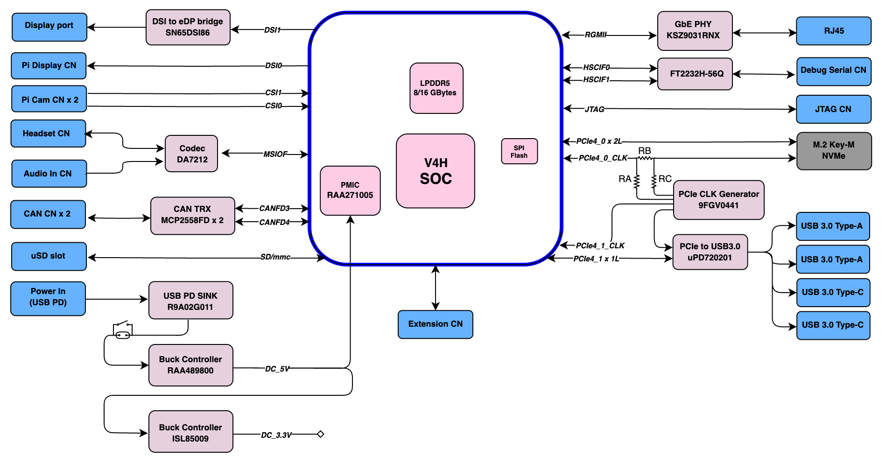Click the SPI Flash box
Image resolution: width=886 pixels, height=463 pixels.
(x=519, y=151)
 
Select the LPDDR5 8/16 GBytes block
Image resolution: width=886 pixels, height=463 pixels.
(x=436, y=88)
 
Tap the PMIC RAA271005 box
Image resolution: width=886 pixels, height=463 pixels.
(x=350, y=190)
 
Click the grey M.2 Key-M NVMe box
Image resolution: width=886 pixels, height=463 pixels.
(x=834, y=151)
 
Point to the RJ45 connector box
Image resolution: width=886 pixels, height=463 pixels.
(x=834, y=31)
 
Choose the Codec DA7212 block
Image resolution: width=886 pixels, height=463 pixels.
(x=191, y=154)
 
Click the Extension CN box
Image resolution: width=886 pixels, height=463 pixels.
(x=436, y=324)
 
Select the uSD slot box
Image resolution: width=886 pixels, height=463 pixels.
(x=49, y=256)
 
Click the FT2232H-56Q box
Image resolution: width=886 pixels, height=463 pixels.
(x=695, y=74)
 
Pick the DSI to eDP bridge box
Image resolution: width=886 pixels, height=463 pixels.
(x=188, y=27)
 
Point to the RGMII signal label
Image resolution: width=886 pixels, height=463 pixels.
(x=596, y=35)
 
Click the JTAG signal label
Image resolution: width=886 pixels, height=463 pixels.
(x=594, y=109)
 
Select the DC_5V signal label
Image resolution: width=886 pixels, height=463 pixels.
(x=277, y=369)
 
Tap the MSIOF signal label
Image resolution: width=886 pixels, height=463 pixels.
(x=275, y=154)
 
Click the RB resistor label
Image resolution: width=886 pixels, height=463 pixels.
(x=645, y=151)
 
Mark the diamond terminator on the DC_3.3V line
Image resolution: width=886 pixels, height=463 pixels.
(x=321, y=434)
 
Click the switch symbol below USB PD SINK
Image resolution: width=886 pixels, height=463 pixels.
(x=123, y=330)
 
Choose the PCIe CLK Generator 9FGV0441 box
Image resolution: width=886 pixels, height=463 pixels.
(x=719, y=200)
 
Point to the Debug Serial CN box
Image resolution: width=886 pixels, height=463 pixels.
(x=834, y=71)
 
